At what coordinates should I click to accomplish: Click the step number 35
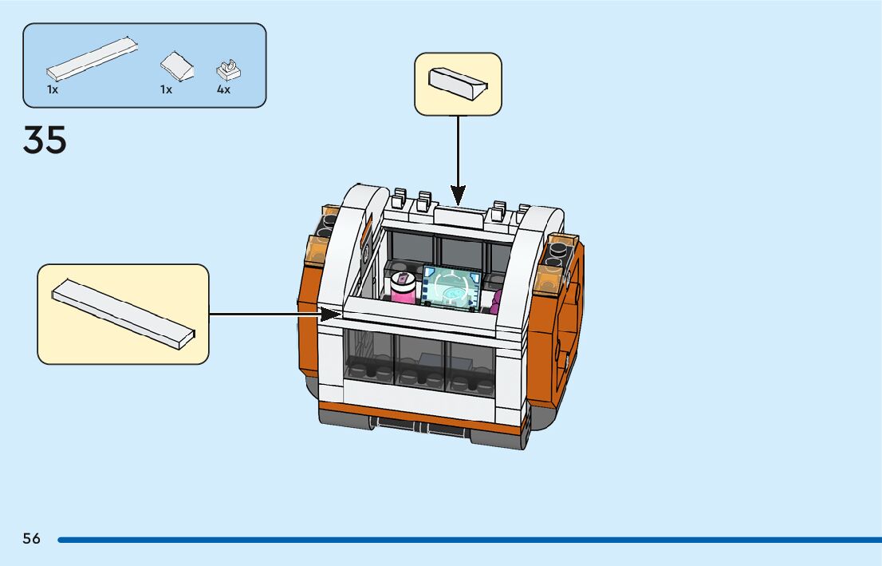tap(45, 141)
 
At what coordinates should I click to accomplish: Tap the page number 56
tap(31, 539)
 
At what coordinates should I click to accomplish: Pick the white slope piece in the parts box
tap(177, 66)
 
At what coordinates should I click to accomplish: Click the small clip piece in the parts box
tap(229, 69)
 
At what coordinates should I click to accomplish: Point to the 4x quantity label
tap(223, 90)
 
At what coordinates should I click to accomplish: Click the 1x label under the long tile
tap(53, 90)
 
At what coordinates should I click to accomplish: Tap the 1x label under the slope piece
tap(166, 90)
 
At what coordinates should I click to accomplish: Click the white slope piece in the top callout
tap(457, 83)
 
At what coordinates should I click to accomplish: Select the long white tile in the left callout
tap(123, 314)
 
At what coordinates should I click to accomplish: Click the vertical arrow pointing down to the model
tap(458, 156)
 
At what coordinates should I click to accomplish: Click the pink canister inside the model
tap(403, 287)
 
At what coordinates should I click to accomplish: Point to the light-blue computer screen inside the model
tap(452, 287)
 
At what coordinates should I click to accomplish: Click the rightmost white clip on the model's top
tap(522, 212)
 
